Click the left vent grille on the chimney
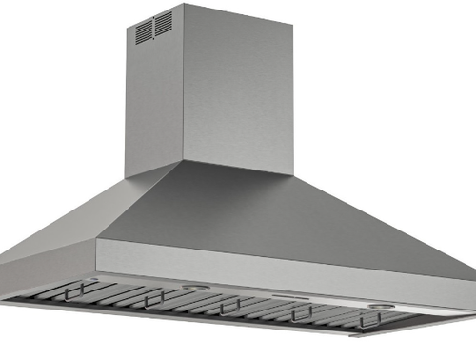(x=144, y=31)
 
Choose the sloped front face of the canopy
(x=286, y=214)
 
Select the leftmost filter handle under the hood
(x=85, y=287)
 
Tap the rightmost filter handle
(x=370, y=318)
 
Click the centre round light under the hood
(x=196, y=287)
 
